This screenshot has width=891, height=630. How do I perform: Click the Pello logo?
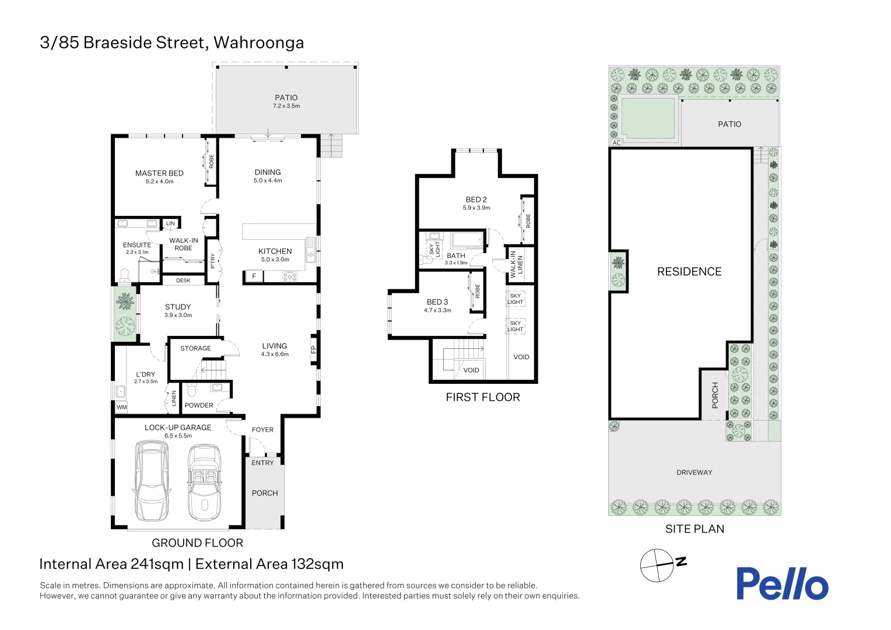[x=781, y=583]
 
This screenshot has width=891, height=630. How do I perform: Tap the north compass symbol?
[x=657, y=565]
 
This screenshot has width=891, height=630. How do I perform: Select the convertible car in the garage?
[x=204, y=482]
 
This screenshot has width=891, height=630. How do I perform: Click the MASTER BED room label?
[x=159, y=173]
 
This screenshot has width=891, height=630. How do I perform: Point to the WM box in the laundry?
[x=121, y=407]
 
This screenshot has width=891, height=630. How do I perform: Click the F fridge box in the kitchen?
[x=254, y=276]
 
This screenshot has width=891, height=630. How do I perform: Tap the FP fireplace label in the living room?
[x=314, y=350]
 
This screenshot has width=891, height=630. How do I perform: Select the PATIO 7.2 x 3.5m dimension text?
[x=286, y=106]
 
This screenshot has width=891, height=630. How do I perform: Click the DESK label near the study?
[x=183, y=281]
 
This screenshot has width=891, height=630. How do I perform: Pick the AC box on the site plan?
[x=616, y=142]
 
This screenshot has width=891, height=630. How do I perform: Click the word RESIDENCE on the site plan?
[x=689, y=272]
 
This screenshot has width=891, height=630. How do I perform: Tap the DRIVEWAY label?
[x=694, y=473]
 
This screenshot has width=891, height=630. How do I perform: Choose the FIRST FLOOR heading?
[x=482, y=397]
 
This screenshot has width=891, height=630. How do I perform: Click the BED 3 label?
[x=437, y=302]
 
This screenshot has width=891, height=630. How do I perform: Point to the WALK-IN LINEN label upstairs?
[x=517, y=264]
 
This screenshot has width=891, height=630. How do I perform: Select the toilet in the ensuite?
[x=124, y=275]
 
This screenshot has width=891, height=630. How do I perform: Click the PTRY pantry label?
[x=213, y=260]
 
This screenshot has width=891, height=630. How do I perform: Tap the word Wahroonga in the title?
[x=258, y=43]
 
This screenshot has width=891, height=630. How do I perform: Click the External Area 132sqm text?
[x=269, y=564]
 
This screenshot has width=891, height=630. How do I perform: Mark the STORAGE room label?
[x=195, y=348]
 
